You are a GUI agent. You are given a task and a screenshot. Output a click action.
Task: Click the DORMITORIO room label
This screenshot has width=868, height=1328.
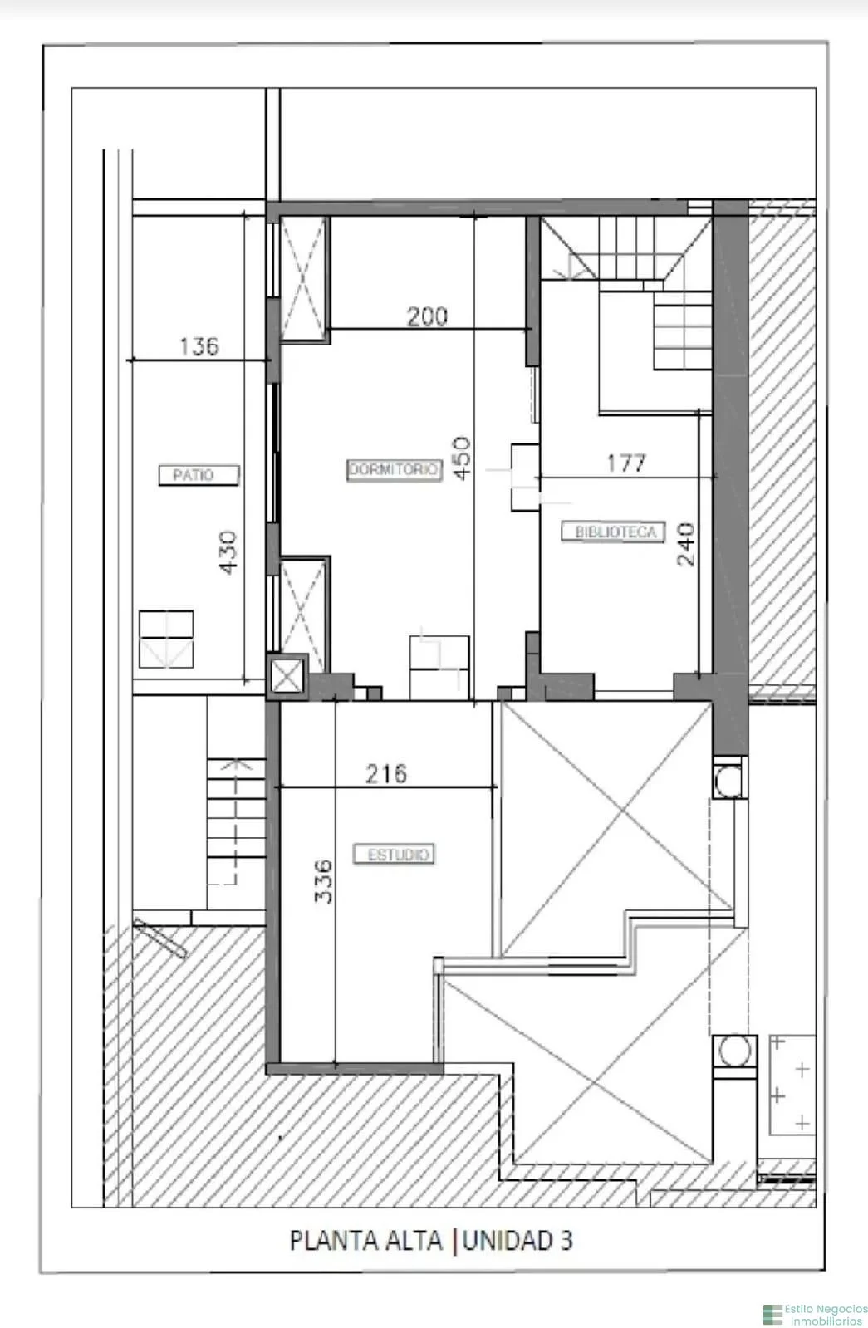click(x=394, y=470)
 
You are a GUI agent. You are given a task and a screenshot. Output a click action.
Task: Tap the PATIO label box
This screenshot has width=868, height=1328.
click(x=199, y=475)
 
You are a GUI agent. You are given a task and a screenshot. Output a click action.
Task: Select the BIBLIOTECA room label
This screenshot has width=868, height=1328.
click(x=613, y=532)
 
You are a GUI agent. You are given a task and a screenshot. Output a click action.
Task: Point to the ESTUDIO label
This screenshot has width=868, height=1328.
click(x=394, y=855)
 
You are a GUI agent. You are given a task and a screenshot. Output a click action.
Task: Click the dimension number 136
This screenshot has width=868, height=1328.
click(x=199, y=346)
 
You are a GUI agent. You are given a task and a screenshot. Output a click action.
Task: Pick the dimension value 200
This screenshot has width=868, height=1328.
click(x=427, y=316)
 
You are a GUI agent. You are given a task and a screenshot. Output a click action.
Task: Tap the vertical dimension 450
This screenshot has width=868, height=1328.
click(x=462, y=458)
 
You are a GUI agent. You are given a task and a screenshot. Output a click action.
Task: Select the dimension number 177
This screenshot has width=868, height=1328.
click(x=626, y=463)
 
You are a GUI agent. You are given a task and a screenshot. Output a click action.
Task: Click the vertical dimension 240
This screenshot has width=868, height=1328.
click(x=686, y=544)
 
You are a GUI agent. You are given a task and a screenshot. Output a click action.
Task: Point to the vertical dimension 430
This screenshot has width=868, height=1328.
click(x=228, y=552)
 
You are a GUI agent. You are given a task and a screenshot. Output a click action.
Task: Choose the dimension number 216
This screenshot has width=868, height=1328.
click(x=386, y=774)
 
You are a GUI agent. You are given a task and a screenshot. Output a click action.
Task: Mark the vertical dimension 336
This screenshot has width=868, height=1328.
click(x=323, y=881)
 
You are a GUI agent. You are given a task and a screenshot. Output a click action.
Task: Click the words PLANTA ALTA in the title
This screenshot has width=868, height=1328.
click(x=365, y=1240)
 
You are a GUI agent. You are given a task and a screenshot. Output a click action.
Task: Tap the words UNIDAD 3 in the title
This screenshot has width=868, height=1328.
click(x=517, y=1240)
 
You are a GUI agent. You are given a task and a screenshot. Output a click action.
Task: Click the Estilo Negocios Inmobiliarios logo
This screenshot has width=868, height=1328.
click(x=815, y=1314)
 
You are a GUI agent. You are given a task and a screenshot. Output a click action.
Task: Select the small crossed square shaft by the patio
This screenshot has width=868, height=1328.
click(x=287, y=676)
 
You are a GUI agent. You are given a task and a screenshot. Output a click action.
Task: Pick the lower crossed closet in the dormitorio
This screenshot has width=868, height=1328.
click(x=303, y=615)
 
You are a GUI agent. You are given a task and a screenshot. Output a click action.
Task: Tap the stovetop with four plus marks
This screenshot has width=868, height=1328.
click(x=792, y=1085)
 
